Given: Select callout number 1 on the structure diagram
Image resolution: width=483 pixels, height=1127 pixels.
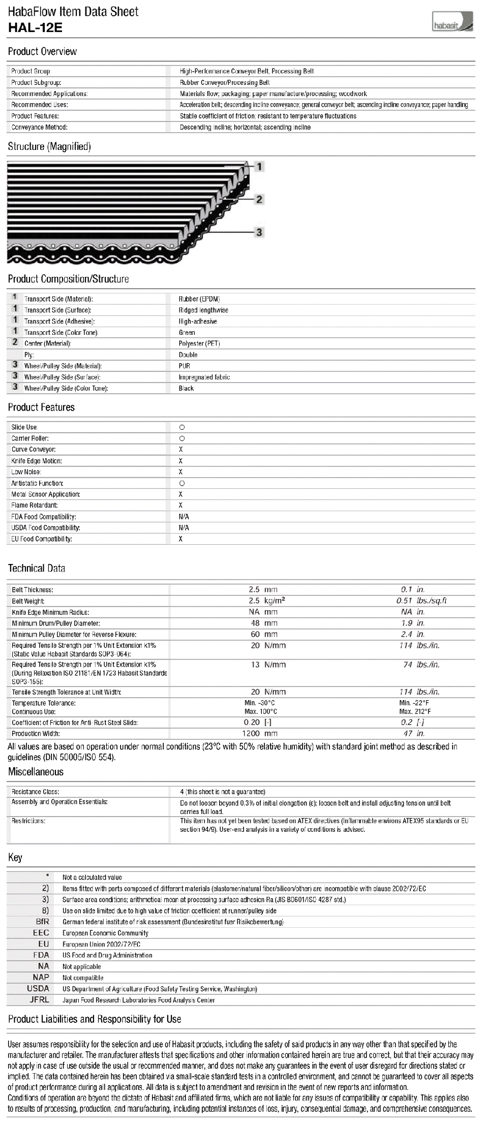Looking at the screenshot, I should pyautogui.click(x=259, y=166).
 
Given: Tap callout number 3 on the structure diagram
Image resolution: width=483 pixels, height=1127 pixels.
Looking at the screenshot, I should pyautogui.click(x=259, y=232).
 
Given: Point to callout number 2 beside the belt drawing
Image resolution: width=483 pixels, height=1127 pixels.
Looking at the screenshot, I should pyautogui.click(x=259, y=199).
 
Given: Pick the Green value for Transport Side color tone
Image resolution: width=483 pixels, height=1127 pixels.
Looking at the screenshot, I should pyautogui.click(x=187, y=332).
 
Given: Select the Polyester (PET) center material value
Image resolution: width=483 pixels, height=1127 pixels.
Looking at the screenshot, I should pyautogui.click(x=199, y=343).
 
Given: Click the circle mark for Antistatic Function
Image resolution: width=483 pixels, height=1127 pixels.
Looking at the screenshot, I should pyautogui.click(x=182, y=483).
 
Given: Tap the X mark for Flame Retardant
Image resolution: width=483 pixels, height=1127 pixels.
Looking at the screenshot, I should pyautogui.click(x=180, y=505).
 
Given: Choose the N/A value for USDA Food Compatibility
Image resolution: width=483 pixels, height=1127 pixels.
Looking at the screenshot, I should pyautogui.click(x=184, y=527).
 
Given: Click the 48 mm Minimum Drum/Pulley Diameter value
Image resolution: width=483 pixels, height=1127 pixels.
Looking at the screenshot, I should pyautogui.click(x=263, y=623).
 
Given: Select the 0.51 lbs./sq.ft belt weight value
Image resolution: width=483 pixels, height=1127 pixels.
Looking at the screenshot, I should pyautogui.click(x=421, y=601).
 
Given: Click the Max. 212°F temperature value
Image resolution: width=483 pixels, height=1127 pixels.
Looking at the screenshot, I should pyautogui.click(x=415, y=711).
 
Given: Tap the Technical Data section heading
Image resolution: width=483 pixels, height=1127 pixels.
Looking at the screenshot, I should pyautogui.click(x=37, y=568).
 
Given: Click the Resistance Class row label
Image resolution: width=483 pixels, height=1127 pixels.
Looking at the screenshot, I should pyautogui.click(x=35, y=792).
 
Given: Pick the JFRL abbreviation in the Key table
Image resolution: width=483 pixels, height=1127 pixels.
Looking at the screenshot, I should pyautogui.click(x=39, y=999).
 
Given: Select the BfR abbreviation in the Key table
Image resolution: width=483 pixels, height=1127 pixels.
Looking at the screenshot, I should pyautogui.click(x=43, y=921).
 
